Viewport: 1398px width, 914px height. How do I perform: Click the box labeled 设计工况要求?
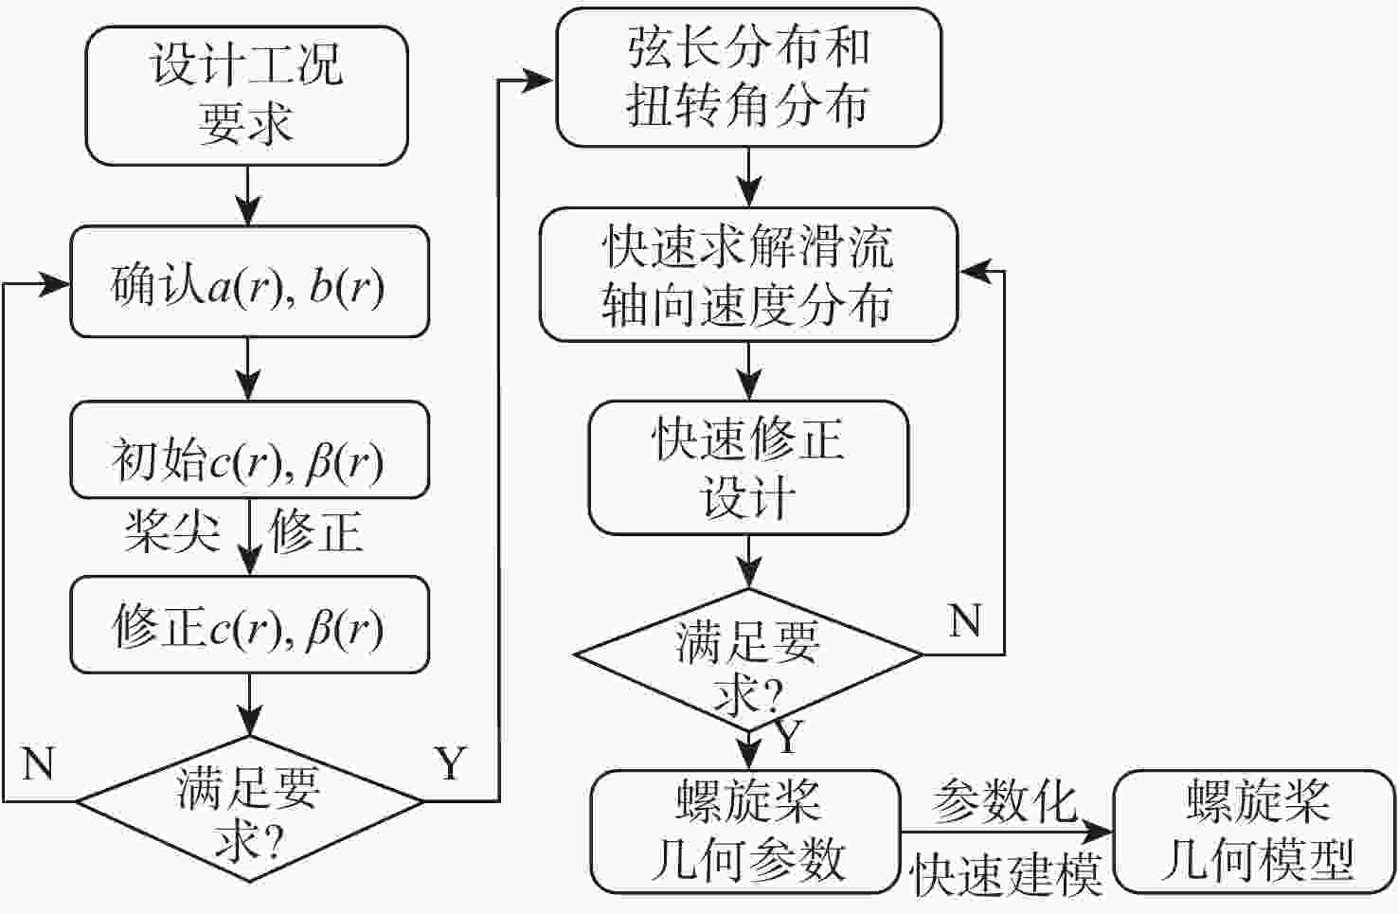click(x=246, y=95)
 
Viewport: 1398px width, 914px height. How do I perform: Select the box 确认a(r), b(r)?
click(x=249, y=282)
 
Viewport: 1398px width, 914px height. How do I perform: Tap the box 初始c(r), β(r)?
click(x=249, y=450)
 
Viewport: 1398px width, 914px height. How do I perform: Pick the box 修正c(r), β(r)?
click(x=249, y=625)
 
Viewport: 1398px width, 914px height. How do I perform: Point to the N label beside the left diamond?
click(x=38, y=763)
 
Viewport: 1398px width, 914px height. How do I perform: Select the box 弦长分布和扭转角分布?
click(x=748, y=78)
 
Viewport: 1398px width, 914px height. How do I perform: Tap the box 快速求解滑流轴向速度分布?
click(x=748, y=275)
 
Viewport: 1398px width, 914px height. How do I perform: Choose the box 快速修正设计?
click(x=748, y=467)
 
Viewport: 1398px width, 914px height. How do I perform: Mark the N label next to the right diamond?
click(x=965, y=621)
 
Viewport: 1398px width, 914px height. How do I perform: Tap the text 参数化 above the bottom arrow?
click(x=1004, y=801)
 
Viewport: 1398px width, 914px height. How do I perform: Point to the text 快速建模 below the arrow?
click(x=1006, y=873)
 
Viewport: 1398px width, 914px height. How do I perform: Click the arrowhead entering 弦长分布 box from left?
click(x=540, y=81)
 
